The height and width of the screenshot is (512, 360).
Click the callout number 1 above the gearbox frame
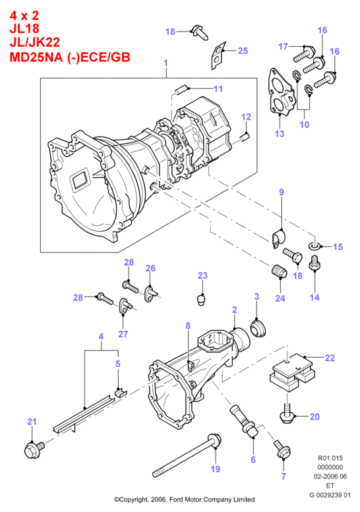tap(166, 63)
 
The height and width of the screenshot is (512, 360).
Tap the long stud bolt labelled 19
tap(187, 456)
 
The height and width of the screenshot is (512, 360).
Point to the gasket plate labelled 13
tap(280, 95)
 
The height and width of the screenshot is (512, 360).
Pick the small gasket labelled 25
tap(218, 55)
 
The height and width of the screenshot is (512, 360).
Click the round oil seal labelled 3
tap(258, 328)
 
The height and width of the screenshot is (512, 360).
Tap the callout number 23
tap(202, 275)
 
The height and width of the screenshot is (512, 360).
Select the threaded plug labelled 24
tap(280, 273)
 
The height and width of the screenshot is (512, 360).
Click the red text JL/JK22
tap(35, 42)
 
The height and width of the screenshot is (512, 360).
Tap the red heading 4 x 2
tap(24, 15)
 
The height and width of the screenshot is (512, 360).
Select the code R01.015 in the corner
tap(330, 458)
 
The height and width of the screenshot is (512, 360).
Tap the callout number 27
tap(123, 334)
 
